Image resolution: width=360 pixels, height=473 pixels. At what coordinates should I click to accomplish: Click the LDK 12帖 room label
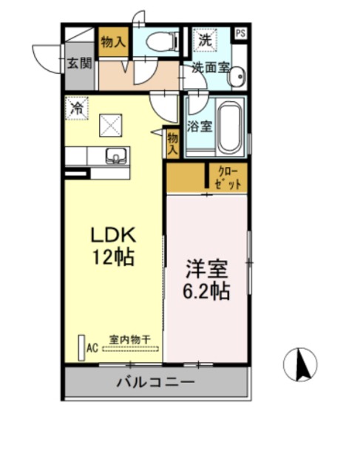click(x=112, y=245)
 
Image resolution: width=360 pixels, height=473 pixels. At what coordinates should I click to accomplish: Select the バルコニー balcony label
click(x=155, y=383)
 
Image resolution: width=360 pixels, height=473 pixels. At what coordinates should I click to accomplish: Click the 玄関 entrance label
click(x=80, y=64)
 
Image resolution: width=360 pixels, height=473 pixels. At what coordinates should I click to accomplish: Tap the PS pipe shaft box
click(x=241, y=33)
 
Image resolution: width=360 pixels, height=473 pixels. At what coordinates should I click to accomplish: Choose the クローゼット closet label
click(x=227, y=178)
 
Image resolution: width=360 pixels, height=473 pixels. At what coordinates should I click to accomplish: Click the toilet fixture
click(x=159, y=42)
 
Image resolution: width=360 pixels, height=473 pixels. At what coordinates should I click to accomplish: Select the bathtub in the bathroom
click(x=231, y=126)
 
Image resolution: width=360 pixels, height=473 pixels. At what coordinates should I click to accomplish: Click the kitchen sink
click(x=116, y=155)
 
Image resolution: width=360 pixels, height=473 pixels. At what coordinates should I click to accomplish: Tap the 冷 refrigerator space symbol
click(x=76, y=108)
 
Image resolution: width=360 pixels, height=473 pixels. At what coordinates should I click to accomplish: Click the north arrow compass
click(x=301, y=364)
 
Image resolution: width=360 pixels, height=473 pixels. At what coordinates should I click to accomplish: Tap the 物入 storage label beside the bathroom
click(x=172, y=143)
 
